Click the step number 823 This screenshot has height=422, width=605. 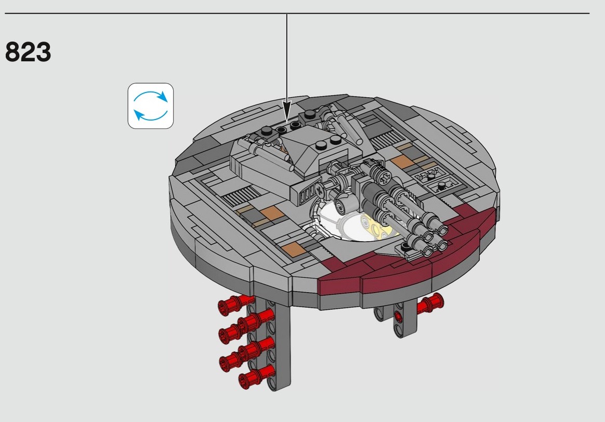point(28,51)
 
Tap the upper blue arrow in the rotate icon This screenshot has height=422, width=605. point(151,95)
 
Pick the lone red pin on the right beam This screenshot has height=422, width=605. point(430,303)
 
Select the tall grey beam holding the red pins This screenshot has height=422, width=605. point(274,344)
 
